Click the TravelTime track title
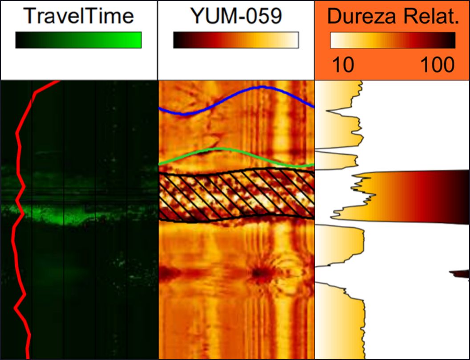click(x=79, y=16)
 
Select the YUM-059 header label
click(x=236, y=16)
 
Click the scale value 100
click(x=438, y=65)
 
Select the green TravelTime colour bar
click(x=78, y=40)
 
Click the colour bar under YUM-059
click(x=236, y=40)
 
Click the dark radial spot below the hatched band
click(x=259, y=272)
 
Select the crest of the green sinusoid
click(x=217, y=149)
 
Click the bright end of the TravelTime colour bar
click(x=136, y=40)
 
